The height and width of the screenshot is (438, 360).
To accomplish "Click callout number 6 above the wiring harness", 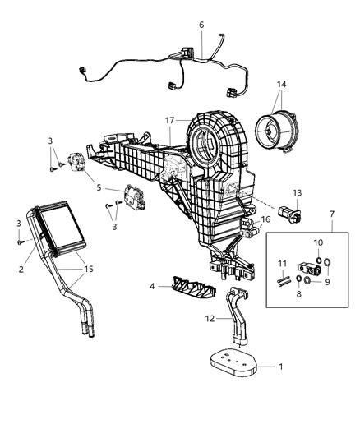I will coord(201,25).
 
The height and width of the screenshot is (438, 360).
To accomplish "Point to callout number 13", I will coord(297,191).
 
